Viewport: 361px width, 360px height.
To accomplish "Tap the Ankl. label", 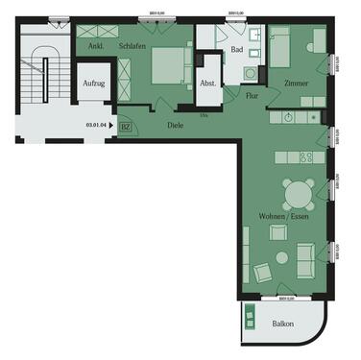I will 96,45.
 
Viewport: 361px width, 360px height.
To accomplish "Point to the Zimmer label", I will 296,84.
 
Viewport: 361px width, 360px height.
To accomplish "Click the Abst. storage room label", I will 208,84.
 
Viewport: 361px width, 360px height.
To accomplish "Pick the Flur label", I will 253,96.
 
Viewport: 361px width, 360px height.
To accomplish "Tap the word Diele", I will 175,125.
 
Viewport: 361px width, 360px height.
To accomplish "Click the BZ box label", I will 126,126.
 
